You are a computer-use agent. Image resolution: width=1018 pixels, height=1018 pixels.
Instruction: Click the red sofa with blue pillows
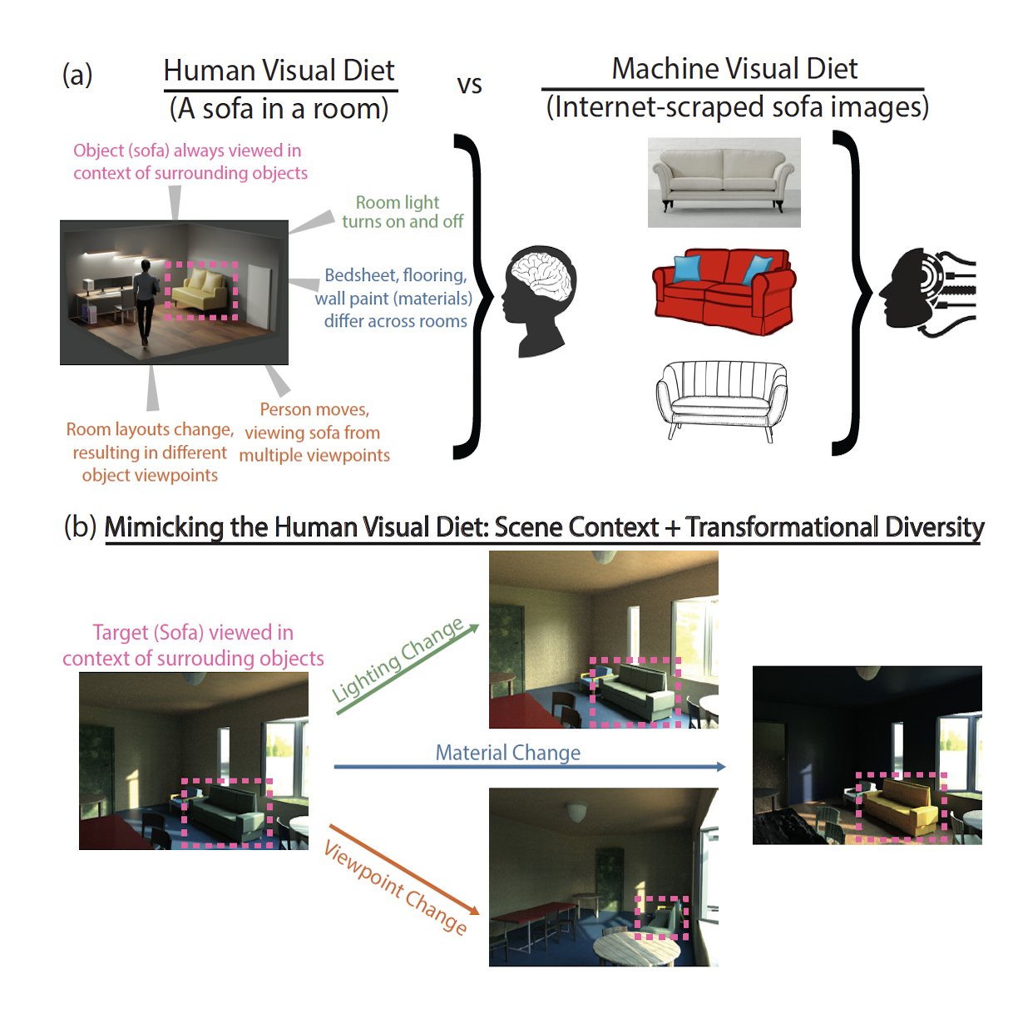pos(724,289)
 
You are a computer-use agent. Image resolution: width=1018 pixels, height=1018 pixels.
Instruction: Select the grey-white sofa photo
pos(724,181)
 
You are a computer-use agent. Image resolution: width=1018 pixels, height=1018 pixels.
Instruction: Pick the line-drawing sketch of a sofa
pos(721,398)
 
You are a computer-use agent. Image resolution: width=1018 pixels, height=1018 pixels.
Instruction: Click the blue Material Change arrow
pos(529,766)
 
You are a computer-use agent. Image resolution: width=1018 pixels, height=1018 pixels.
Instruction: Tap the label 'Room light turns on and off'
pos(402,212)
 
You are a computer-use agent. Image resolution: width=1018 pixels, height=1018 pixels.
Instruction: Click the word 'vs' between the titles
pos(469,85)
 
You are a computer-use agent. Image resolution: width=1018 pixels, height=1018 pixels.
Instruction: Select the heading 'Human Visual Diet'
pos(279,71)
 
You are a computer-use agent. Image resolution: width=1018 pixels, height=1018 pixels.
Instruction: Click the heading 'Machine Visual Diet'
pos(734,69)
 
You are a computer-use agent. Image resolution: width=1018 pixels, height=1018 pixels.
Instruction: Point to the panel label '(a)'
pos(77,75)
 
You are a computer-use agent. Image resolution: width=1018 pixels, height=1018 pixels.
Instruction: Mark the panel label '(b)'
pos(80,526)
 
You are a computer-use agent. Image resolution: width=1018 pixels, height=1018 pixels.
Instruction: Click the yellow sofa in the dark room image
pos(898,807)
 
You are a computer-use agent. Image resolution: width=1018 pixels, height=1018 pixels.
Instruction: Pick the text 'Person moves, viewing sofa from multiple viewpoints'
pos(314,432)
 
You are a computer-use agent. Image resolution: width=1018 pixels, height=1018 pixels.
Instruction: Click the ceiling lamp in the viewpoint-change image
pos(575,810)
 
